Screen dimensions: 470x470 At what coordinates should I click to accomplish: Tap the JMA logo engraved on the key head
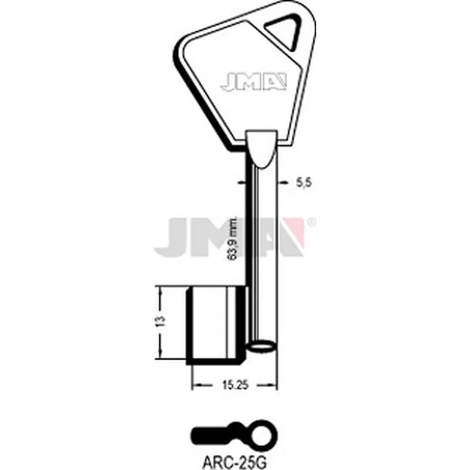click(x=253, y=82)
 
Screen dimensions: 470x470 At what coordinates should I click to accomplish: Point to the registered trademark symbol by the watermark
click(x=311, y=222)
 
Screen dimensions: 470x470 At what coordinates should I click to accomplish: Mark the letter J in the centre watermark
click(x=171, y=236)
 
